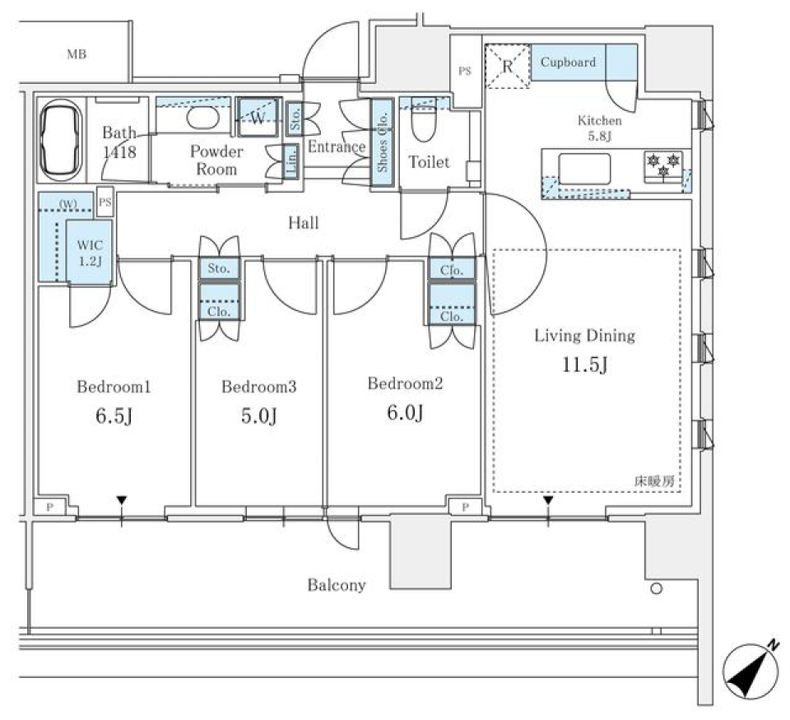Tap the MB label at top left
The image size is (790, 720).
[x=77, y=55]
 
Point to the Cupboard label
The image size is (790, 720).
[x=568, y=63]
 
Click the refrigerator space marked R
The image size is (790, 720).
[x=507, y=63]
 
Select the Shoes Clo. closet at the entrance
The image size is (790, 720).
[x=383, y=144]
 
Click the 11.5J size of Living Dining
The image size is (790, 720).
[x=584, y=365]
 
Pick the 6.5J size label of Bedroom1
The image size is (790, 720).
[x=114, y=416]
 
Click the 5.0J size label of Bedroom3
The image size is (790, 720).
[x=258, y=416]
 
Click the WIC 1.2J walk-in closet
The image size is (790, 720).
[x=88, y=252]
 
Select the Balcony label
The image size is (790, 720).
[x=337, y=585]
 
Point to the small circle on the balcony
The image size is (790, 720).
[x=656, y=588]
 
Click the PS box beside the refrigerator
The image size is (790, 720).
[x=465, y=70]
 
